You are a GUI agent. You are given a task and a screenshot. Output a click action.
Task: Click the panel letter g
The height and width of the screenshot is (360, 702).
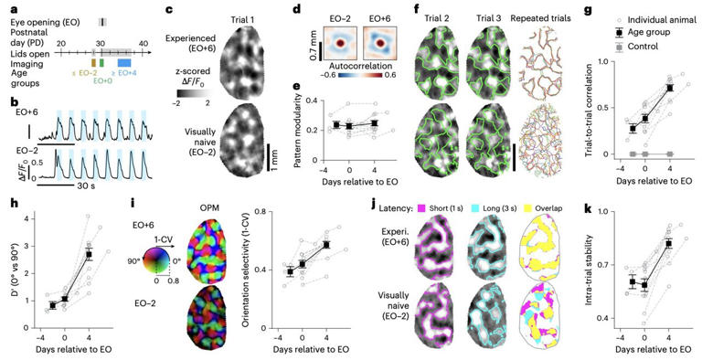tap(562, 12)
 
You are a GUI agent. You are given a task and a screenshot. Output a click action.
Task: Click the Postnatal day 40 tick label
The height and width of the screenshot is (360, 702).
tap(144, 43)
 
